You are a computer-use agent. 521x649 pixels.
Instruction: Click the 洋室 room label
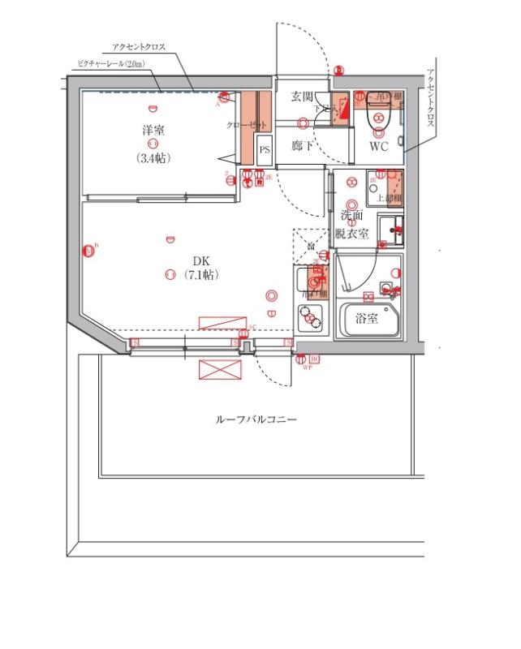[x=153, y=129]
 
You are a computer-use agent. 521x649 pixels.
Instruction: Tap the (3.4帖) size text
[x=153, y=158]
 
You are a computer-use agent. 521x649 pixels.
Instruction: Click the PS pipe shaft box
[x=265, y=150]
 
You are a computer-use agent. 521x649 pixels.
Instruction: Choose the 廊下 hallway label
[x=303, y=147]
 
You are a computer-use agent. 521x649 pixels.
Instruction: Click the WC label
[x=379, y=147]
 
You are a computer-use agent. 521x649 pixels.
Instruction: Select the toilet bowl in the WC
[x=379, y=118]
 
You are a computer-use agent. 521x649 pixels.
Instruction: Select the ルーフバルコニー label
[x=256, y=420]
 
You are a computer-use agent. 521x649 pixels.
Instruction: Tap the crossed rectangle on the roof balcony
[x=220, y=369]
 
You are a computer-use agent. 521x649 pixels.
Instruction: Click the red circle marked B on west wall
[x=88, y=251]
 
